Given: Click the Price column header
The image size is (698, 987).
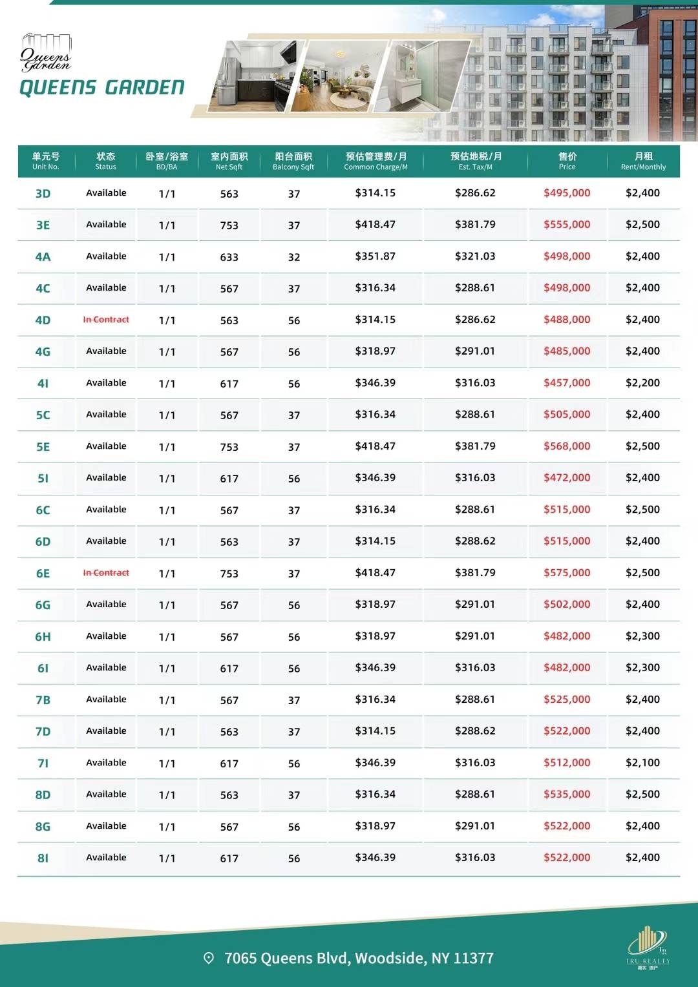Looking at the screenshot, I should pos(567,161).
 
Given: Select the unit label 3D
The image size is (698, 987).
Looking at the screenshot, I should pos(43,194).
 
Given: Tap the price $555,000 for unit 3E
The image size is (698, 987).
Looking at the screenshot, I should pos(567,225).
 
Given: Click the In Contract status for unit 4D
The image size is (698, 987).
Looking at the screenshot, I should pos(106,320).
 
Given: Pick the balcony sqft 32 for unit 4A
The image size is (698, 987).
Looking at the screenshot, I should pos(294,257).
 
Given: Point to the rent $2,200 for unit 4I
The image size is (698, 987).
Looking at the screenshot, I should pos(642,383).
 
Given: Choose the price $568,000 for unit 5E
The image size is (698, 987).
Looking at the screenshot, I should pos(567,446).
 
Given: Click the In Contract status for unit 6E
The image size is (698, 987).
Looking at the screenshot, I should pos(106,573).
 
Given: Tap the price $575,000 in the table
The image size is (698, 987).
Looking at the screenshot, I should pos(567,573).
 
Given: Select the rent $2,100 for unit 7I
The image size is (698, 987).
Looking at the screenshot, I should pos(642,763).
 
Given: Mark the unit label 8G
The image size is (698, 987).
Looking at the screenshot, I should pos(43,827).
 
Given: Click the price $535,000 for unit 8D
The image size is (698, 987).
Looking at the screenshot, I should pos(567,795).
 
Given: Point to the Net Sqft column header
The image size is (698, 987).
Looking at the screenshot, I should pos(229,161).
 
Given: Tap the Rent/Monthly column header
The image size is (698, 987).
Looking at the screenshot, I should pos(643,161).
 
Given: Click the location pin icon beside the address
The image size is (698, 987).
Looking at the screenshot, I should pos(209,958).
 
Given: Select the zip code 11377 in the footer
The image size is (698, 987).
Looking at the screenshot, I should pos(473,958).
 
